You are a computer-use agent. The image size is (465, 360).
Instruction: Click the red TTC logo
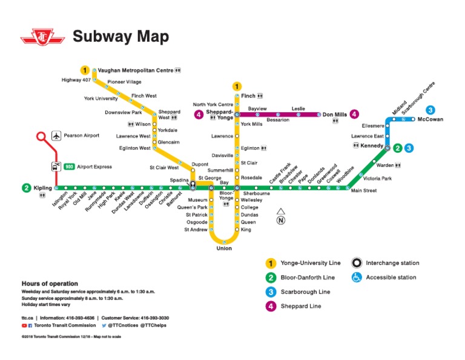(x=42, y=37)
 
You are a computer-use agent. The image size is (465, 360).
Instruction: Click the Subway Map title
(x=120, y=37)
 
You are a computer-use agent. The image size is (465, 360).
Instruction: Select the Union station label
(x=224, y=248)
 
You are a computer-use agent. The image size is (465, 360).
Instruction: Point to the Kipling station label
(x=43, y=188)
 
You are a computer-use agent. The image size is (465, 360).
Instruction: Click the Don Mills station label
(x=334, y=114)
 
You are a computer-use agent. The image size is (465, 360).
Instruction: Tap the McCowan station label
(x=430, y=119)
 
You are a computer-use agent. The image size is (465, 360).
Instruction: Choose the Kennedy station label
(x=371, y=146)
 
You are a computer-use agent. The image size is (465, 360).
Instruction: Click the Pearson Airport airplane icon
(x=58, y=136)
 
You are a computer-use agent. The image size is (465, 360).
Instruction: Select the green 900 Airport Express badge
(x=70, y=167)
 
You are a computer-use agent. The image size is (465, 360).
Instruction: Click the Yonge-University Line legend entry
(x=311, y=264)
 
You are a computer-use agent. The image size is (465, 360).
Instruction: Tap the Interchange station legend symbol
(x=357, y=264)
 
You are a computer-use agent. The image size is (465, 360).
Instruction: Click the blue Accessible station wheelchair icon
(x=357, y=278)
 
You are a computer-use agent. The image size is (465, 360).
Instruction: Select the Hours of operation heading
(x=50, y=284)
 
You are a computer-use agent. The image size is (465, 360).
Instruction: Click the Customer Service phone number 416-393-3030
(x=155, y=318)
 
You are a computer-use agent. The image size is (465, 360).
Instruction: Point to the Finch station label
(x=248, y=96)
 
